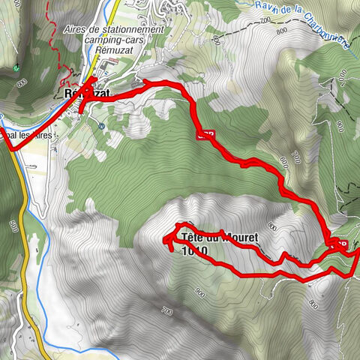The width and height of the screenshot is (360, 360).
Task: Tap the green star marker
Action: point(16,69)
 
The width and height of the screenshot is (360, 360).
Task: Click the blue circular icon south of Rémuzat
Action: point(100,126)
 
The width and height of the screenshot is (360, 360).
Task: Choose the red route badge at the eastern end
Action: point(338,243)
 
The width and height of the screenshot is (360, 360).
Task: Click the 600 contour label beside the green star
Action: point(24,82)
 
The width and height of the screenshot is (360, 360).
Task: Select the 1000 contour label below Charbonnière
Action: point(343,76)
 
